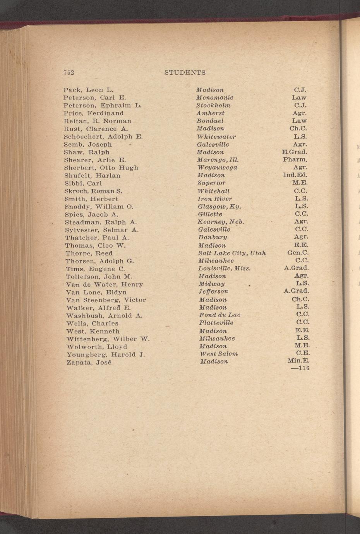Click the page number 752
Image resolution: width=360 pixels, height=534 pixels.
point(69,72)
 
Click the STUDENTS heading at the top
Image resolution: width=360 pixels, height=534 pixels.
point(185,72)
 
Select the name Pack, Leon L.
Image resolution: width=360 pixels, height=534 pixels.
point(88,90)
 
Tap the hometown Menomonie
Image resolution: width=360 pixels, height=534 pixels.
point(214,98)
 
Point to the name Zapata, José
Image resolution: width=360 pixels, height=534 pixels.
point(89,363)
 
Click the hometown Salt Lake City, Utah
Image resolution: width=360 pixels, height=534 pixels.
point(232,253)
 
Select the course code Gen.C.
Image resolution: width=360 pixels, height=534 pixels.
point(297,253)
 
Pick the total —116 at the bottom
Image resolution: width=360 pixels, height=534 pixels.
point(300,368)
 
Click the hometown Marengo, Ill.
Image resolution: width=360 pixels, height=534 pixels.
point(217,159)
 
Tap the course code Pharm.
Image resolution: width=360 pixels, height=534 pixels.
point(295,159)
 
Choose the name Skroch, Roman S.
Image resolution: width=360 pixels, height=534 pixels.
point(93,191)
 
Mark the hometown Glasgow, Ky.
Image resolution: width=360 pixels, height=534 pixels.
point(219,206)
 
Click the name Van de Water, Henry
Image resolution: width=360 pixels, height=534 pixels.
point(105,284)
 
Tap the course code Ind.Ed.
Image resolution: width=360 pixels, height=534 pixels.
point(295,175)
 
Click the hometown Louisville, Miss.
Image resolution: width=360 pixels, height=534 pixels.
point(224,268)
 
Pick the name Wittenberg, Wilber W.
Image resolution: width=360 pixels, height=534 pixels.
point(107,339)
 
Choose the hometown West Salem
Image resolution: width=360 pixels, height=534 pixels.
point(219,354)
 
